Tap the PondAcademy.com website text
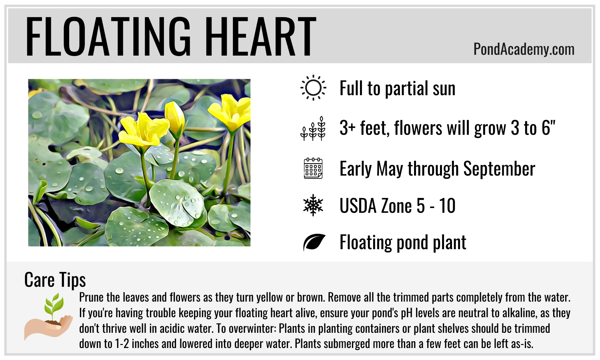coord(524,50)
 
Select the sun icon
coord(313,88)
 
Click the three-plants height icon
coord(313,128)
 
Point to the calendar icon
coord(313,168)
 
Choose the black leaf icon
coord(314,242)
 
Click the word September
coord(499,169)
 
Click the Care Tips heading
coord(55,280)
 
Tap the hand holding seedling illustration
coord(48,316)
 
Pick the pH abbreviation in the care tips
coord(406,313)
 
